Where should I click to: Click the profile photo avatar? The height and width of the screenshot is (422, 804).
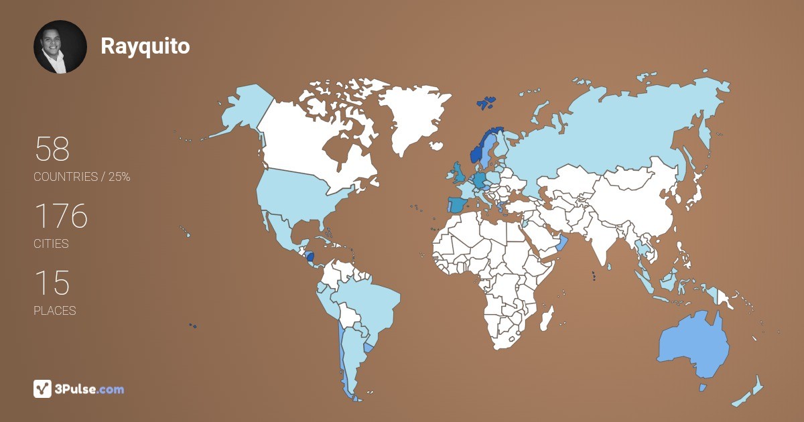coord(60,47)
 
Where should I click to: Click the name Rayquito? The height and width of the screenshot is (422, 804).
coord(145,46)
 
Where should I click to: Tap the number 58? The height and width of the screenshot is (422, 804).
coord(52,149)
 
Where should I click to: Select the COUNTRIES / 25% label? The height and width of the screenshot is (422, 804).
coord(82,177)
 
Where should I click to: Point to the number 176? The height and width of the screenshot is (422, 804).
coord(61,216)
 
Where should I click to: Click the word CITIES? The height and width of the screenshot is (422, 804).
coord(51,244)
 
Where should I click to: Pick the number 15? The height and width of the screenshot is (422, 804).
coord(52,283)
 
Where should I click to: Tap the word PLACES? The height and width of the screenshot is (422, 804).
coord(54,311)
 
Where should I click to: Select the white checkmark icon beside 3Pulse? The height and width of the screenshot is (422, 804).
coord(43,389)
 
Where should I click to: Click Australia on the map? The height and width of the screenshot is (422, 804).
coord(693,345)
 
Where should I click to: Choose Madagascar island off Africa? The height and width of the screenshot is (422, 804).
coord(547,318)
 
